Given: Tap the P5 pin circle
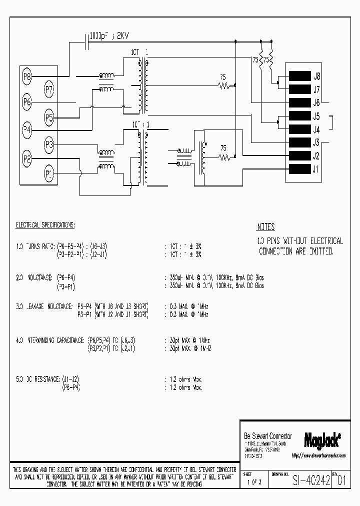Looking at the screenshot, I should pyautogui.click(x=49, y=118).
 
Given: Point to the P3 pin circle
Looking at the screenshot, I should pyautogui.click(x=49, y=145).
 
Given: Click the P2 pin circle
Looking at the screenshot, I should pyautogui.click(x=27, y=159).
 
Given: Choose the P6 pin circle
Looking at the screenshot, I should pyautogui.click(x=27, y=102).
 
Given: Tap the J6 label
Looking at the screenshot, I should pyautogui.click(x=316, y=103).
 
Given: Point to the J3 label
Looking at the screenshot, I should pyautogui.click(x=316, y=142).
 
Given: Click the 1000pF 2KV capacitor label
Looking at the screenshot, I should pyautogui.click(x=108, y=36).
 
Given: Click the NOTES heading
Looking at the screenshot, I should pyautogui.click(x=265, y=226).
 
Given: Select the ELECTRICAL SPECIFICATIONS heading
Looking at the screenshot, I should pyautogui.click(x=45, y=225).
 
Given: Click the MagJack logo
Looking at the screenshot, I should pyautogui.click(x=322, y=439).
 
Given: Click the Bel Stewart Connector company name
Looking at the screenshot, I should pyautogui.click(x=267, y=436).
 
